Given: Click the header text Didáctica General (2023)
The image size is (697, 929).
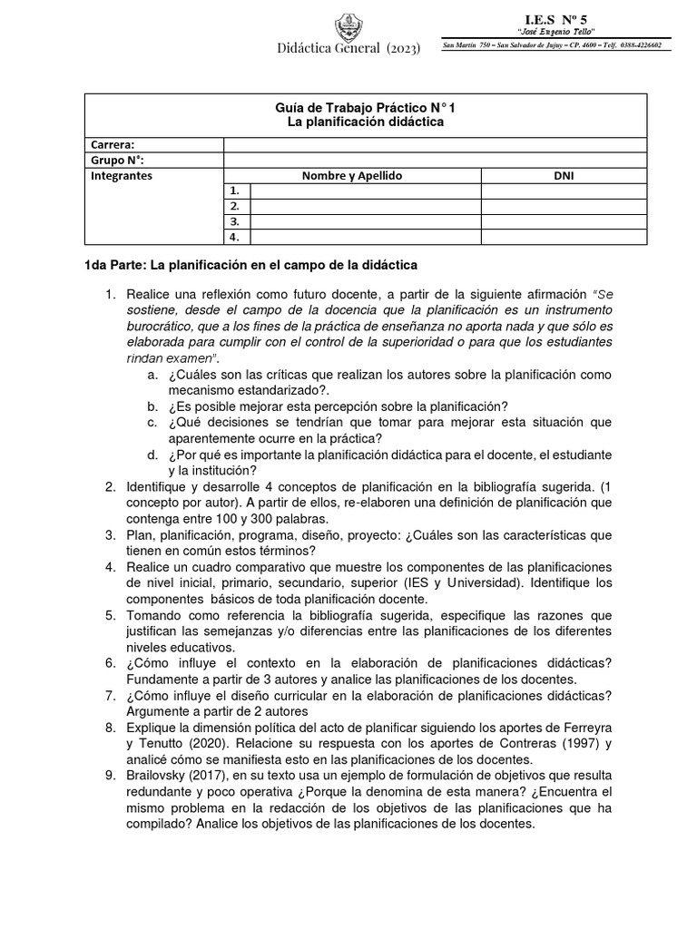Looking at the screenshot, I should [348, 49].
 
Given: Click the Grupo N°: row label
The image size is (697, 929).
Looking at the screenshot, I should [118, 161].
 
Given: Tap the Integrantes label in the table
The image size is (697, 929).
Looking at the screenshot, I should [123, 176].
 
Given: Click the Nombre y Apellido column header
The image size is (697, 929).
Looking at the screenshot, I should [353, 176].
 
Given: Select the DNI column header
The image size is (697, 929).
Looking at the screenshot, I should [564, 176].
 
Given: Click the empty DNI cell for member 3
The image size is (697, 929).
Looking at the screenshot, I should [564, 221].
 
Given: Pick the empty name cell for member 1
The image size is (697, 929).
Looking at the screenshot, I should [366, 191].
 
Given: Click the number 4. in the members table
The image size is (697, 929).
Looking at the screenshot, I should [234, 238].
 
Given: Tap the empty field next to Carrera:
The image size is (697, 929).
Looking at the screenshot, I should [436, 144].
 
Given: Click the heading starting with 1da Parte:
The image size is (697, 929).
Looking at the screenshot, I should [245, 265].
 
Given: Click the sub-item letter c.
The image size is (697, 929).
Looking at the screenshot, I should [151, 422].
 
